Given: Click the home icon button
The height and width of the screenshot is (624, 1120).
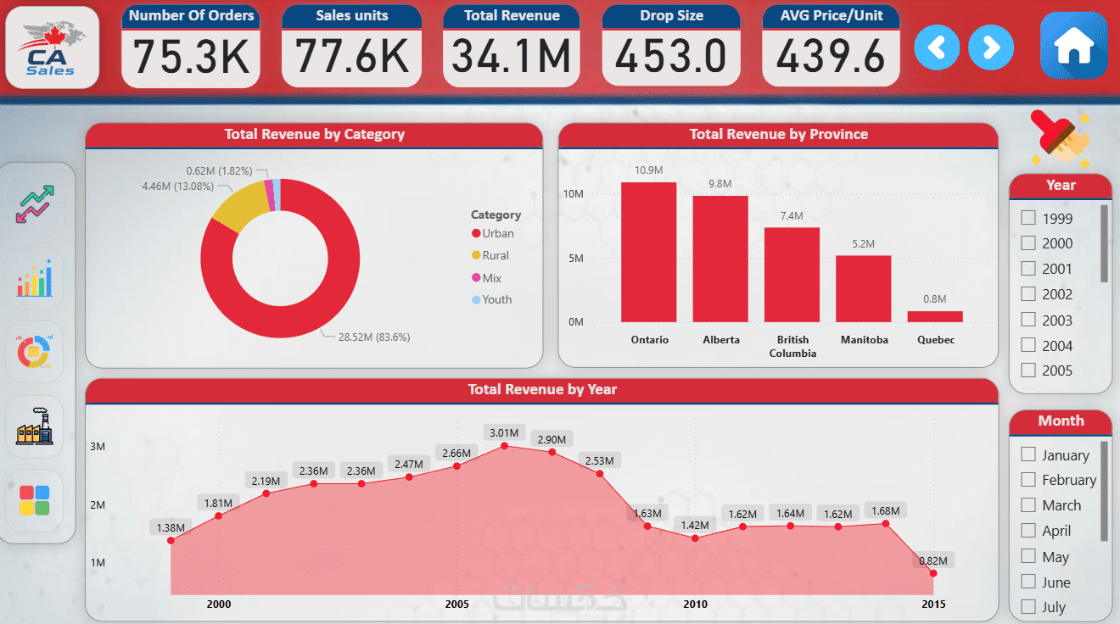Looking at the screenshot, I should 1073,47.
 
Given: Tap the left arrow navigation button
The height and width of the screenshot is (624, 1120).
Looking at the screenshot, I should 937,47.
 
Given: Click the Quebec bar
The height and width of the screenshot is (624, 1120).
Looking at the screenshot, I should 935,316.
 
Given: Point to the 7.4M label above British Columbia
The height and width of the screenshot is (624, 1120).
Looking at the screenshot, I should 792,216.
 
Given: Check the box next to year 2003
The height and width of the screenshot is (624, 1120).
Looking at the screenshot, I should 1028,320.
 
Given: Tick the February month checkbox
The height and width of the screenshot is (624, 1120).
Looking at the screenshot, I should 1028,480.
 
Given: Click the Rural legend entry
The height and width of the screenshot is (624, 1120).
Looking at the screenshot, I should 495,255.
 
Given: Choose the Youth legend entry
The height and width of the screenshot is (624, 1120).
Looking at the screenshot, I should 496,299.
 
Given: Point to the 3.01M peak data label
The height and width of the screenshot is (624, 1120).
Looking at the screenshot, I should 504,432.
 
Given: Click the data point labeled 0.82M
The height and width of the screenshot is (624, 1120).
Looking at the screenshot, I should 933,573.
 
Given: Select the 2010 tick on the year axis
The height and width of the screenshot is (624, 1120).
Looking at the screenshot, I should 695,604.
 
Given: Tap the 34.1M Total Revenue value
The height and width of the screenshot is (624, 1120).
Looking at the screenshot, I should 512,57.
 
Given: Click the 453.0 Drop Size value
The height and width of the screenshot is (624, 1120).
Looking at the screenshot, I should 671,57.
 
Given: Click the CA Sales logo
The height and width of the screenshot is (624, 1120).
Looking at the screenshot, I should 53,47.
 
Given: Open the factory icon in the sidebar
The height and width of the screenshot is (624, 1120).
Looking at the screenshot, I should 34,426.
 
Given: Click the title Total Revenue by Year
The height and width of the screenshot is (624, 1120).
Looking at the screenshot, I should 542,390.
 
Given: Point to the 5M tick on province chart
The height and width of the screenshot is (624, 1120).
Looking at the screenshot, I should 575,258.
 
